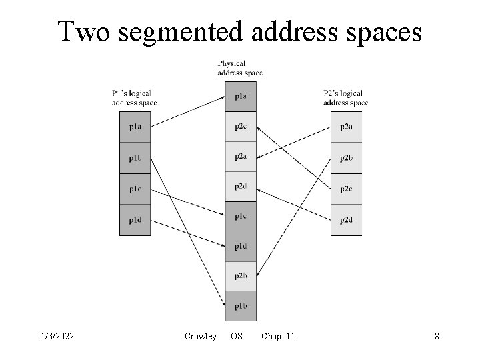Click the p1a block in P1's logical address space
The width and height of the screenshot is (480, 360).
[x=135, y=127]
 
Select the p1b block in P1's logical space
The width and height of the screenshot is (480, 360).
[x=135, y=158]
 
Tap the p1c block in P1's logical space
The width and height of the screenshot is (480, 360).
[x=135, y=189]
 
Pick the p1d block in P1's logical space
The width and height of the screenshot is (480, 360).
[x=135, y=220]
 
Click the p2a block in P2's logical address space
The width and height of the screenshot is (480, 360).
[x=347, y=127]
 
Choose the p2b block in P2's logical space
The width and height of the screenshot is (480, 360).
[x=347, y=158]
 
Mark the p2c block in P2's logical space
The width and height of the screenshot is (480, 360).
[x=347, y=189]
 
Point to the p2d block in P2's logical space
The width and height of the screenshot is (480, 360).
[x=347, y=220]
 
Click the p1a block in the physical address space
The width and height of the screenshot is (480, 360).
[x=241, y=97]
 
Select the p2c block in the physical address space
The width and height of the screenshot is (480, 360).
[x=241, y=127]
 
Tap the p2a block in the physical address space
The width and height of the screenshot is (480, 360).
[x=241, y=157]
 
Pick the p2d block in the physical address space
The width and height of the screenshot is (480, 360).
[x=241, y=187]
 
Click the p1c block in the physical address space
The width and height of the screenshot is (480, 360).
[x=241, y=217]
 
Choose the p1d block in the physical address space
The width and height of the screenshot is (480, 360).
[x=241, y=247]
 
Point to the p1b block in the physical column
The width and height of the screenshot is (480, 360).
[x=241, y=306]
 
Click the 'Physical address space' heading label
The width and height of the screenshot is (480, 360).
[x=240, y=68]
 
